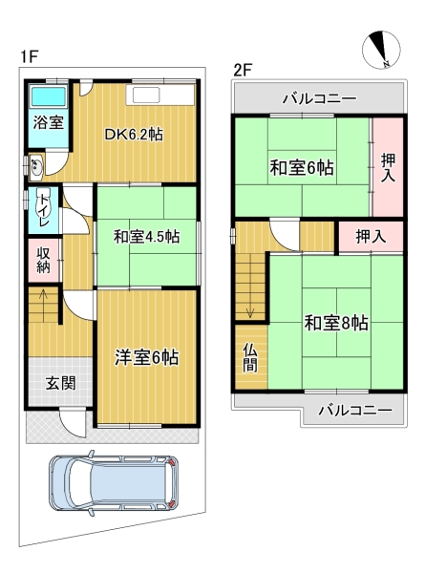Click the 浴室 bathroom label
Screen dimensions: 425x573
[49, 122]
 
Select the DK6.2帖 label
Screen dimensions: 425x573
[134, 135]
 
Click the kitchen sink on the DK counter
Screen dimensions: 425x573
[146, 96]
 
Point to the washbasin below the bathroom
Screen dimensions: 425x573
[36, 168]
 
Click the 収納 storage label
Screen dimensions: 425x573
[43, 260]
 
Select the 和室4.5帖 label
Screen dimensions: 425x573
[146, 237]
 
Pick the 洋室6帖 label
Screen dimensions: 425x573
[146, 357]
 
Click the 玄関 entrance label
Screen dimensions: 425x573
[61, 383]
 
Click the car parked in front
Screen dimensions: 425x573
[114, 482]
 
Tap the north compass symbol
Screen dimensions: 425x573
[381, 50]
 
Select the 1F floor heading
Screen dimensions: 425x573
[29, 56]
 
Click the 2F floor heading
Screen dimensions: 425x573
[243, 70]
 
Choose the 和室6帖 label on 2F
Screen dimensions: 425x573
[302, 168]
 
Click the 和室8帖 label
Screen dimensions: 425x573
[336, 323]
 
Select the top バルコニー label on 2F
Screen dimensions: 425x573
[320, 98]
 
